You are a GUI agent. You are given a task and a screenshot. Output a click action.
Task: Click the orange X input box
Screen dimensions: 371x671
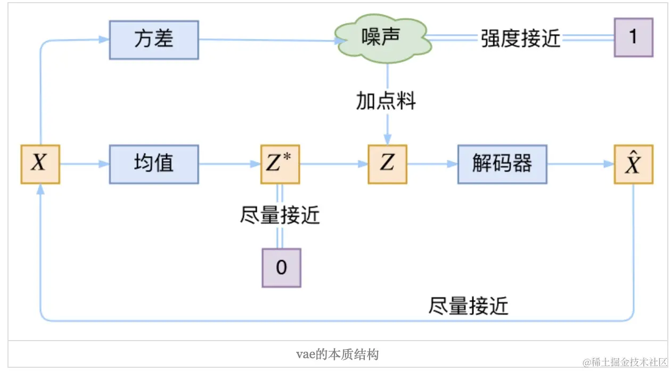(40, 164)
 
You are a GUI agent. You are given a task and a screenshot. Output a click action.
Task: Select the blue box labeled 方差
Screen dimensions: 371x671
(154, 40)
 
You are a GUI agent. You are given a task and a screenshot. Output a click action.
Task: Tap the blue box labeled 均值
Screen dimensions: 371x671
(154, 164)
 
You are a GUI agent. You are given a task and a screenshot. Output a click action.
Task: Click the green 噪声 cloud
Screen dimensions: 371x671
(381, 38)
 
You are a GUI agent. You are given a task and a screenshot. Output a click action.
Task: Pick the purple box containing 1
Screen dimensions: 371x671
(633, 37)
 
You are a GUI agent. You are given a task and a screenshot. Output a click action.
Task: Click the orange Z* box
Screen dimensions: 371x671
(280, 164)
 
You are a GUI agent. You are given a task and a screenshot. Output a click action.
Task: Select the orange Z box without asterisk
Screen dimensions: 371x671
(387, 164)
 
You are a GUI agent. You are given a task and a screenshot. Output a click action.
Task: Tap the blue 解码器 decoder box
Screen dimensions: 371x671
(502, 164)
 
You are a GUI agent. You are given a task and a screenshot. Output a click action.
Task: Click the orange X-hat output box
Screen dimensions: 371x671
(633, 164)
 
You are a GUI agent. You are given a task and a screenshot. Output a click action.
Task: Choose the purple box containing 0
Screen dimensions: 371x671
(281, 268)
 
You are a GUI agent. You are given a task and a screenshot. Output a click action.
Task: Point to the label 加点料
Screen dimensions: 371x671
(386, 101)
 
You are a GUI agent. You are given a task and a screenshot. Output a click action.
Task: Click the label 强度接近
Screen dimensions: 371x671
(521, 38)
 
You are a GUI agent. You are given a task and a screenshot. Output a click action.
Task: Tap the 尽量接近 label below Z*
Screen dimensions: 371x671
(280, 216)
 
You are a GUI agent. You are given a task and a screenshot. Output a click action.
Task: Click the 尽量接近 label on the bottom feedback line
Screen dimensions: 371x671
(469, 307)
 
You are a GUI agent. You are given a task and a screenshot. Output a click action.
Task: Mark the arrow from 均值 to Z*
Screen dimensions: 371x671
(230, 164)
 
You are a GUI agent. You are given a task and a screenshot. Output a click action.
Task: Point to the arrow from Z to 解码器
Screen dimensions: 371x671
(432, 164)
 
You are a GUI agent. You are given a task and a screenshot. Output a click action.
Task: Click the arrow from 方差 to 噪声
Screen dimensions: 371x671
(266, 40)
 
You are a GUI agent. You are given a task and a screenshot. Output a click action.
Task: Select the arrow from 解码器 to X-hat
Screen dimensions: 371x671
(580, 164)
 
